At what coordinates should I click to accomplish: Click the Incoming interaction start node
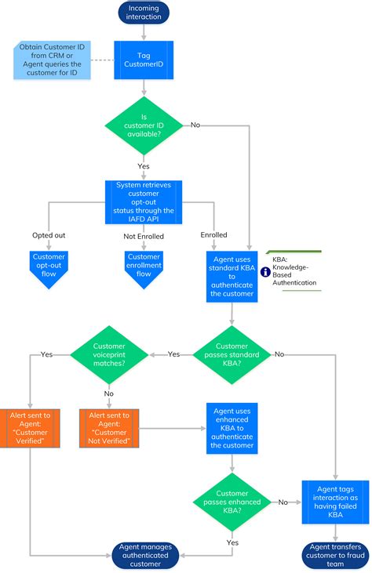pos(144,13)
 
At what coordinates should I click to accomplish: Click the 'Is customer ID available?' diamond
pos(144,125)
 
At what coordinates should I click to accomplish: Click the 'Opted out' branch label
pos(49,234)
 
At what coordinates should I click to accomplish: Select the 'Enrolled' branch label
pos(213,234)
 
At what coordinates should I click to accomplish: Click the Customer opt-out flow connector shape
pos(49,267)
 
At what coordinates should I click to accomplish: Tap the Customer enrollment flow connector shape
pos(144,267)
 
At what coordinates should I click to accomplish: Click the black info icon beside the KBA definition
pos(265,272)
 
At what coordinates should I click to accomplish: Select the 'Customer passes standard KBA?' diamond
pos(232,354)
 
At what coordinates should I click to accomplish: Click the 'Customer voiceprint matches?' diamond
pos(110,354)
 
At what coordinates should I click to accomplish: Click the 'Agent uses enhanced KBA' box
pos(232,429)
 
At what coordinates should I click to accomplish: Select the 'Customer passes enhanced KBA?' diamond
pos(232,502)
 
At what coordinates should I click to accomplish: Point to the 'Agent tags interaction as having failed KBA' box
pos(335,502)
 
